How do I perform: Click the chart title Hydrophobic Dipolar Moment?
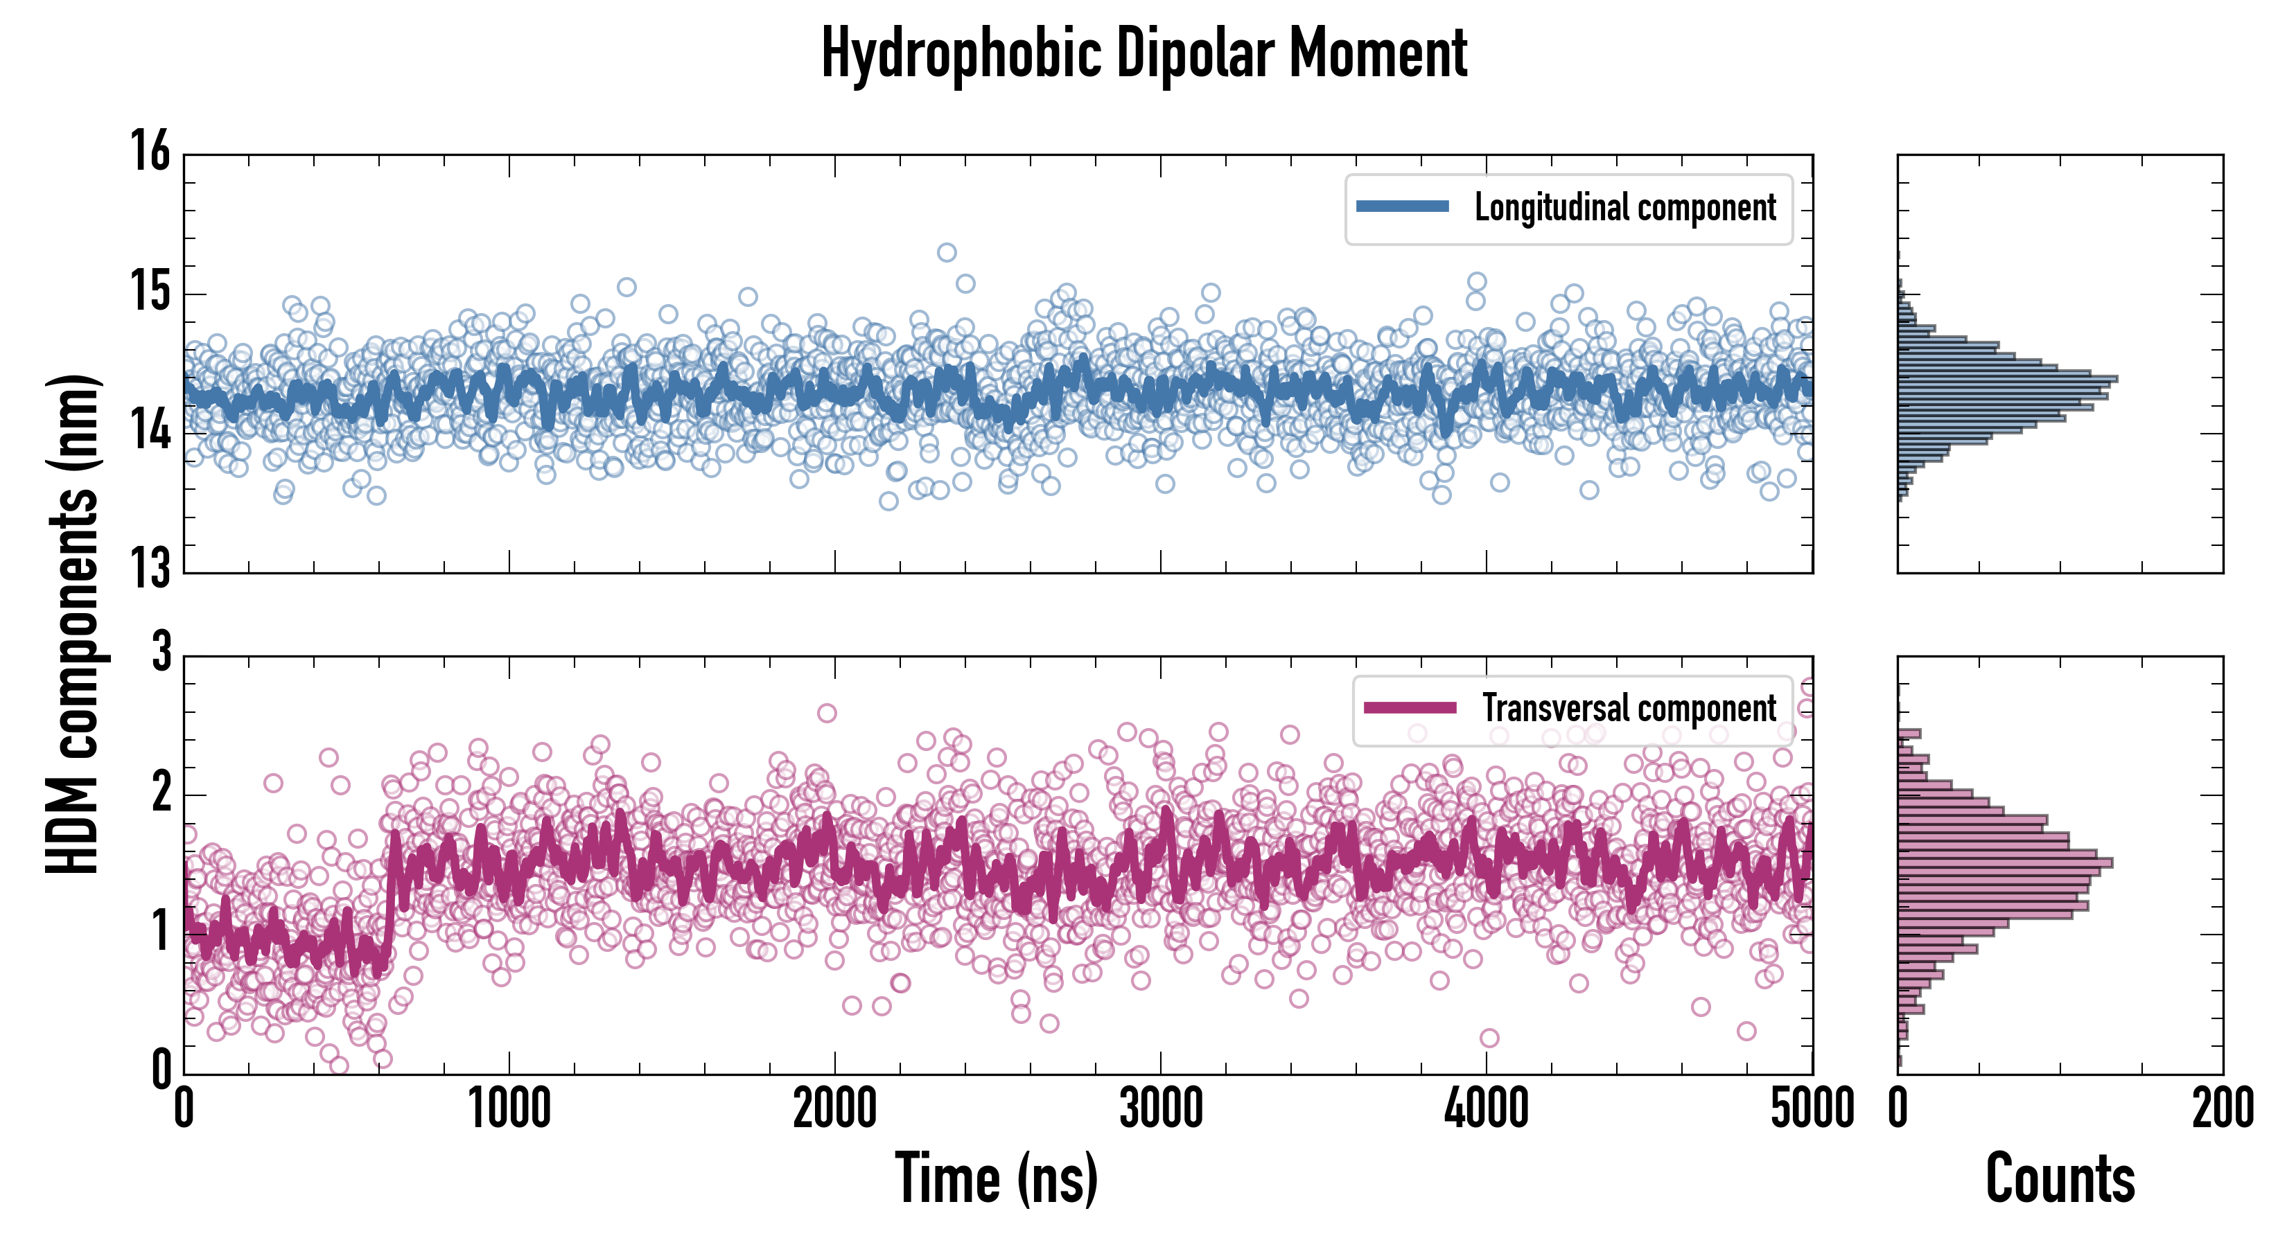pyautogui.click(x=1143, y=53)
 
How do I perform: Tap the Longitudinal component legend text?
pyautogui.click(x=1624, y=208)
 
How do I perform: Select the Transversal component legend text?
pyautogui.click(x=1629, y=708)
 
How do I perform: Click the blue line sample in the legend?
pyautogui.click(x=1402, y=207)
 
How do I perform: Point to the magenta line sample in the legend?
pyautogui.click(x=1410, y=707)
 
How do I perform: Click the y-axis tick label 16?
pyautogui.click(x=151, y=151)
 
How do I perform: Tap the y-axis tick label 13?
pyautogui.click(x=151, y=569)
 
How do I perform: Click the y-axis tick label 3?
pyautogui.click(x=161, y=653)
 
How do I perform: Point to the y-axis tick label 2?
pyautogui.click(x=161, y=793)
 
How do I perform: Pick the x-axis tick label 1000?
pyautogui.click(x=509, y=1109)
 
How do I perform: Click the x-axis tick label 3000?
pyautogui.click(x=1160, y=1109)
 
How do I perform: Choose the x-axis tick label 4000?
pyautogui.click(x=1486, y=1109)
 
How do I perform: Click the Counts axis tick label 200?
pyautogui.click(x=2222, y=1109)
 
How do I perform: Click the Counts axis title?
pyautogui.click(x=2060, y=1178)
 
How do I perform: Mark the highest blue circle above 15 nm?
pyautogui.click(x=947, y=252)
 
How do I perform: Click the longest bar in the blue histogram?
pyautogui.click(x=2006, y=379)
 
